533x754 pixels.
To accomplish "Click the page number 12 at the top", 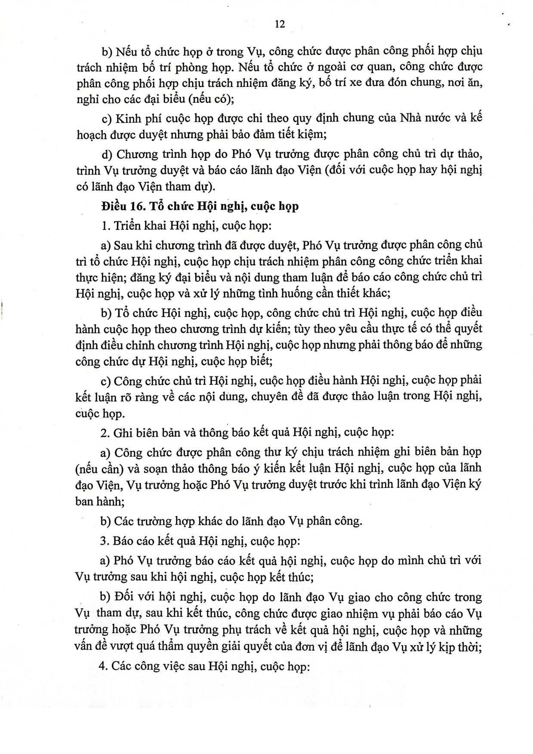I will pos(280,24).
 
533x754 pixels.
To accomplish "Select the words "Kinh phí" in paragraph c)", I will pos(137,118).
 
